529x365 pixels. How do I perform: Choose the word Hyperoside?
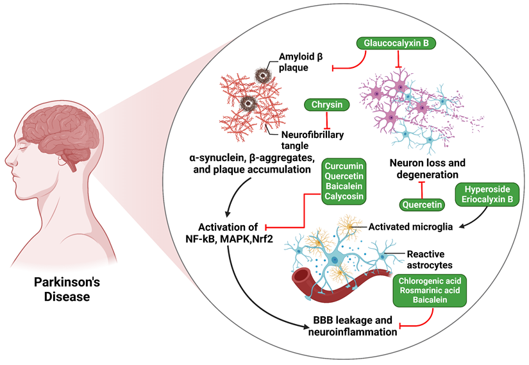pos(487,192)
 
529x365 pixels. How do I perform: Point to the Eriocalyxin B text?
pos(487,202)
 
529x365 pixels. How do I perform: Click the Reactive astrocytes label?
pos(433,259)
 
